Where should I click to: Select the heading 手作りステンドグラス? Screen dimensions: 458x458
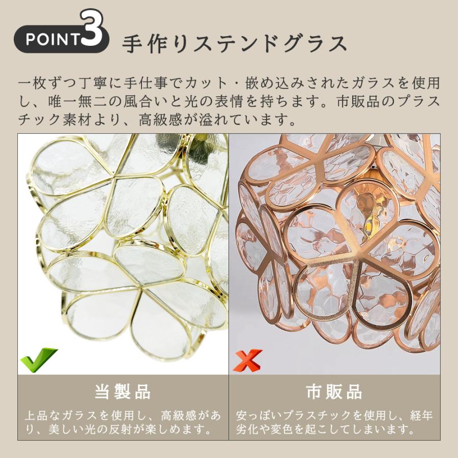235,44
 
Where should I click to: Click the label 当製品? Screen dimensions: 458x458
123,392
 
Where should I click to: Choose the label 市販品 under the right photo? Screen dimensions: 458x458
334,392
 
